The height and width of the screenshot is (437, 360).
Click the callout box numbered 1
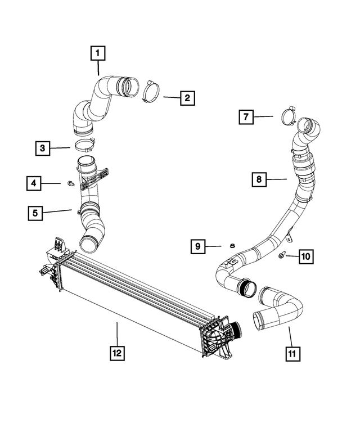click(x=98, y=53)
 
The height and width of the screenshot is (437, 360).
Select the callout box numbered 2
click(x=187, y=98)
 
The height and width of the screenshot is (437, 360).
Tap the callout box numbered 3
click(x=42, y=148)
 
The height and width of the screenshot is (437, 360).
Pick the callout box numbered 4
click(x=34, y=183)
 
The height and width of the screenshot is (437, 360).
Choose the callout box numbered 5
click(x=36, y=213)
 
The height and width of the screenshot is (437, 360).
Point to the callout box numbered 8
click(x=259, y=179)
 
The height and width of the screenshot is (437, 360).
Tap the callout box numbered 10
click(x=306, y=256)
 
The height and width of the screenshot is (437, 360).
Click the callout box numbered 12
click(x=117, y=353)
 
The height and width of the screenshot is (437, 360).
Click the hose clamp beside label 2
click(x=151, y=91)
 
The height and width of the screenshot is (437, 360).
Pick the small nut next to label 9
click(x=231, y=246)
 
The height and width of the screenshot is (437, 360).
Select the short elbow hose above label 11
click(x=278, y=310)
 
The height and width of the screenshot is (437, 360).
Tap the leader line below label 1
click(x=98, y=69)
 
